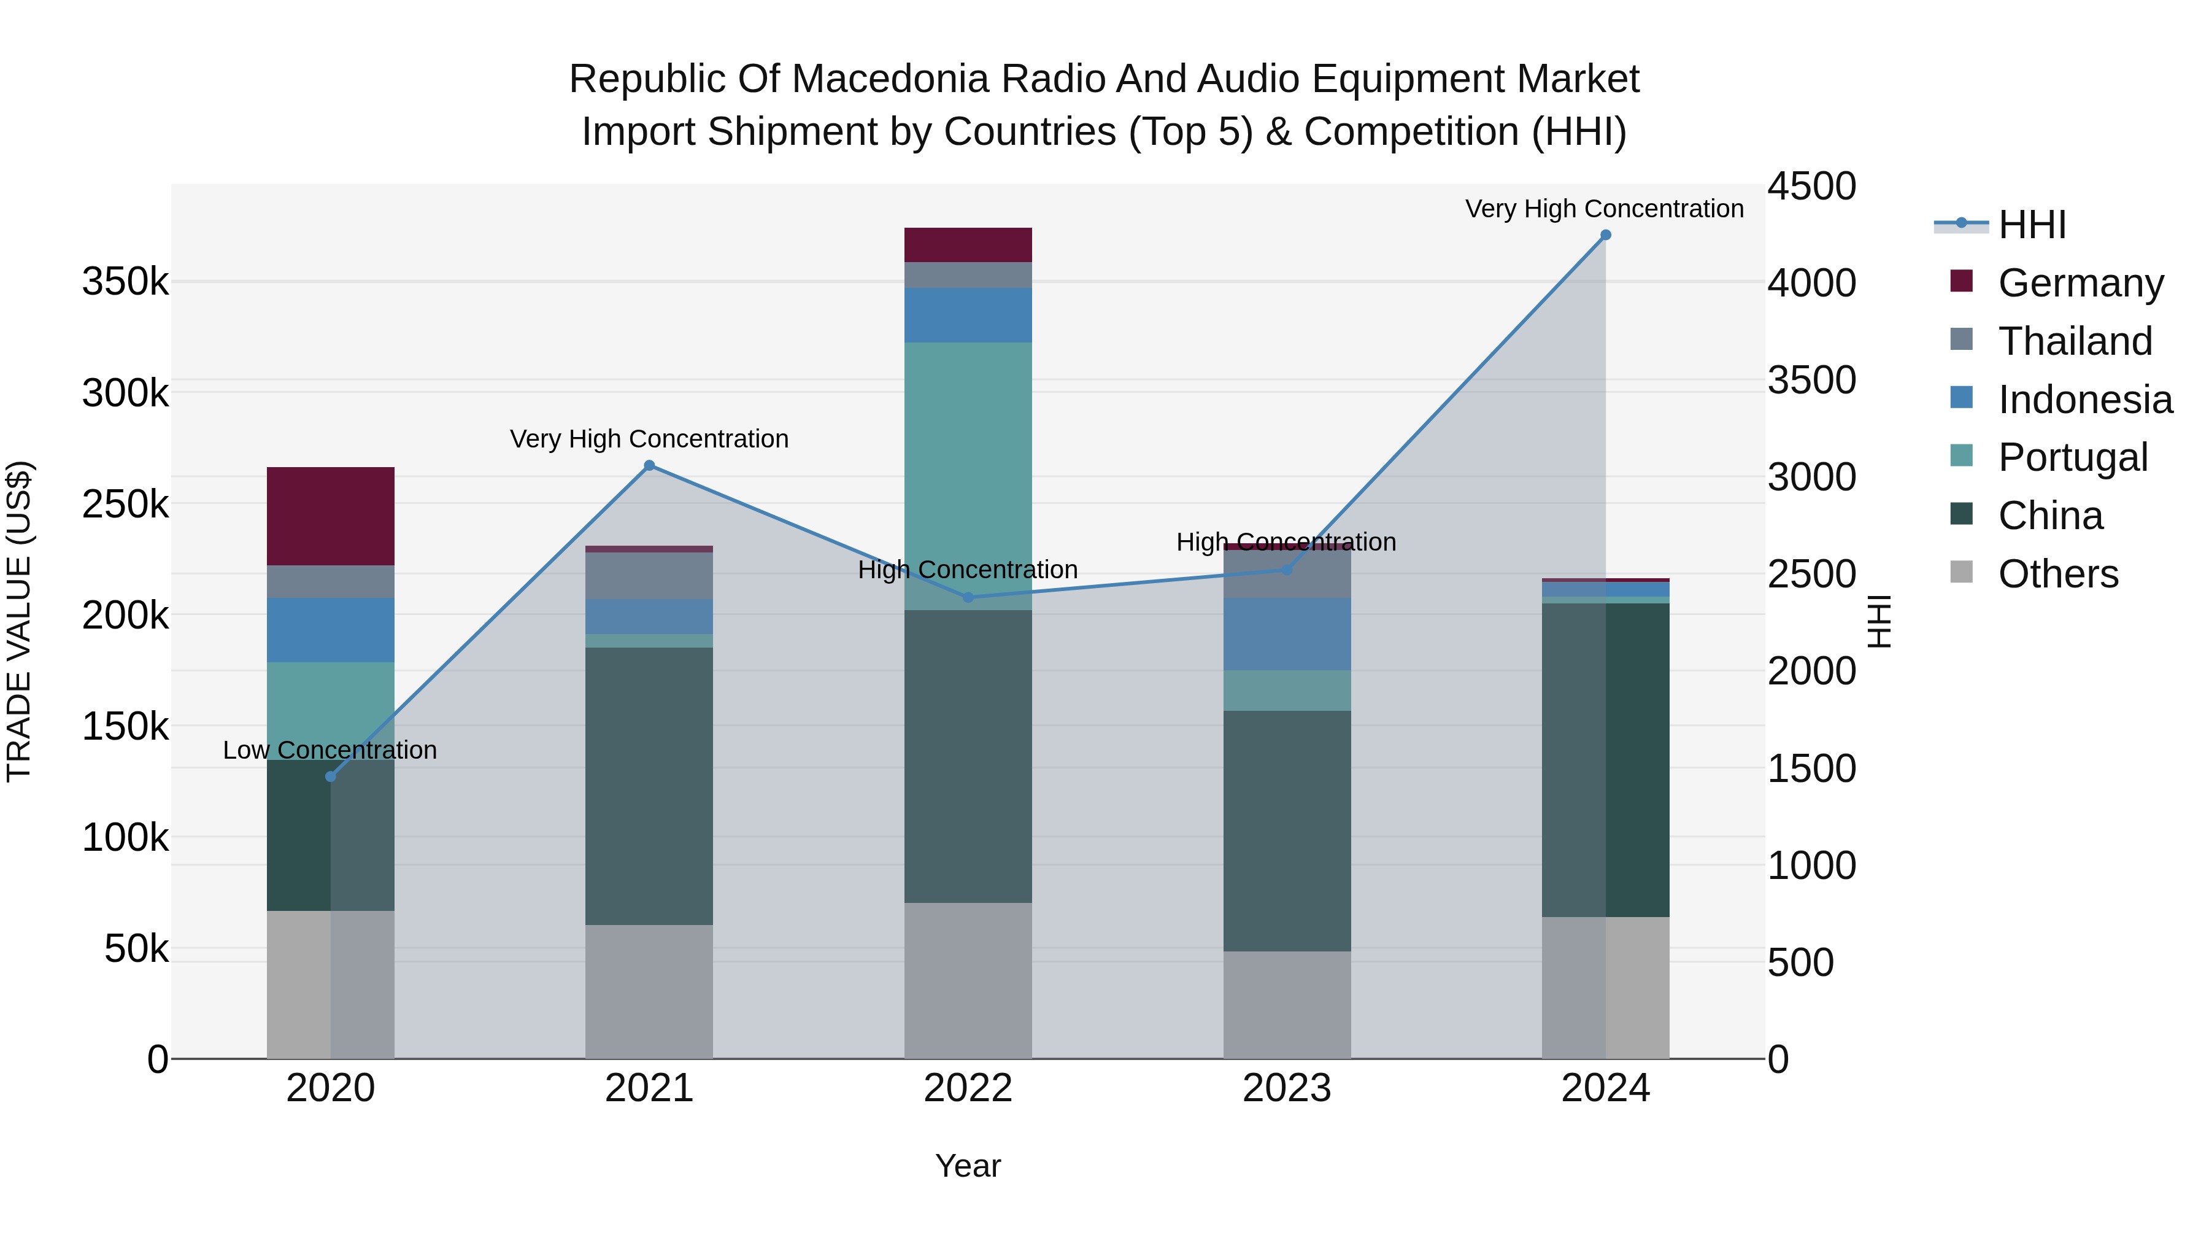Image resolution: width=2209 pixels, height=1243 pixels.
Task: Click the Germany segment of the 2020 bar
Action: coord(330,516)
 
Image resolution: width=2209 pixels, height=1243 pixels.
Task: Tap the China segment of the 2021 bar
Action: coord(649,785)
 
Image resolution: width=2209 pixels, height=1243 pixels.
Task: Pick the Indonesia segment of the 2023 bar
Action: coord(1286,634)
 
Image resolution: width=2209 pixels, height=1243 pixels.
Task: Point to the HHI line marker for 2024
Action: coord(1605,235)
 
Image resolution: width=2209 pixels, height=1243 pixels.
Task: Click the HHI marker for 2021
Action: coord(649,466)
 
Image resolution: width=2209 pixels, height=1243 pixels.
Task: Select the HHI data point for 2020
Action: coord(331,776)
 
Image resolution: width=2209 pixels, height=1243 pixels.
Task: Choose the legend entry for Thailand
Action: coord(2075,341)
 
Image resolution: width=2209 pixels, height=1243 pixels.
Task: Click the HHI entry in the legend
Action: coord(2032,225)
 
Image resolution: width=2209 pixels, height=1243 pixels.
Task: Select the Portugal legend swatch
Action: coord(1961,455)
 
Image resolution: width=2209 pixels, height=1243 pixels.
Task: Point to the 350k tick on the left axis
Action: coord(125,281)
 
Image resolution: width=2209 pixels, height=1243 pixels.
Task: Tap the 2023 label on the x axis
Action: coord(1286,1088)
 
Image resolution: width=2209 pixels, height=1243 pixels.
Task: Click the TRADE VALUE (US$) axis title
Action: coord(19,621)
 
